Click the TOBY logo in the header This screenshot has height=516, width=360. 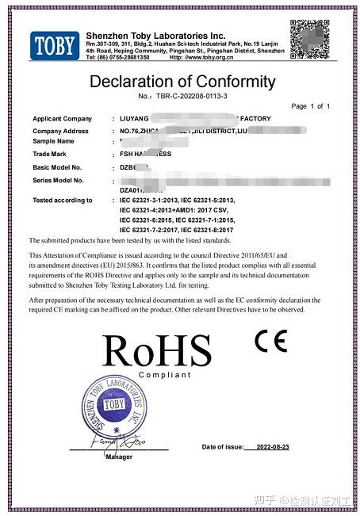[x=55, y=44]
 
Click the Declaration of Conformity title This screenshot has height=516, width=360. [x=182, y=82]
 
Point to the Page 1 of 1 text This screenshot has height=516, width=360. [x=311, y=106]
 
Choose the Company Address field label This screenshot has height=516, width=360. [x=61, y=129]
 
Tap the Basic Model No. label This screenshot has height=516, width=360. [x=58, y=167]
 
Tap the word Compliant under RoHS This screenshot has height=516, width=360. [x=165, y=374]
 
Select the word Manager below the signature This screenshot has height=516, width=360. [x=118, y=457]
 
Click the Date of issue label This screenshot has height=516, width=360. [x=223, y=447]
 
